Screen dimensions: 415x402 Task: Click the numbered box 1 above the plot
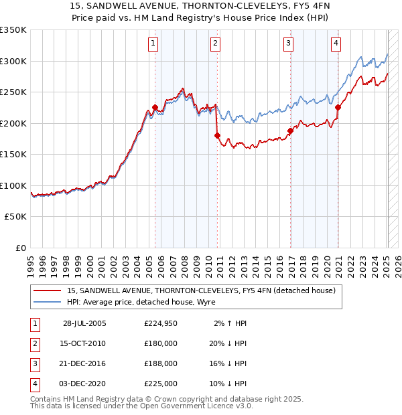153,44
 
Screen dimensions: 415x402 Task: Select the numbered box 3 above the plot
288,44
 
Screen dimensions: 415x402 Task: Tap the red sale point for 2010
217,135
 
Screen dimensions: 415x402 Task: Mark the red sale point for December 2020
338,107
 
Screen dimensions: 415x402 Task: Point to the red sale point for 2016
291,131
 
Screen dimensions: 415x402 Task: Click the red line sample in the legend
48,290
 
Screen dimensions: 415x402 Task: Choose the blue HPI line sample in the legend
48,302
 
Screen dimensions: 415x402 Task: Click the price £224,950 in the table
161,323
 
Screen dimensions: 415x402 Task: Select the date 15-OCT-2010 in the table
83,343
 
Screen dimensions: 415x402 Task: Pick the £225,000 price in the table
161,384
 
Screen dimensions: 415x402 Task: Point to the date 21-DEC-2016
83,363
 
